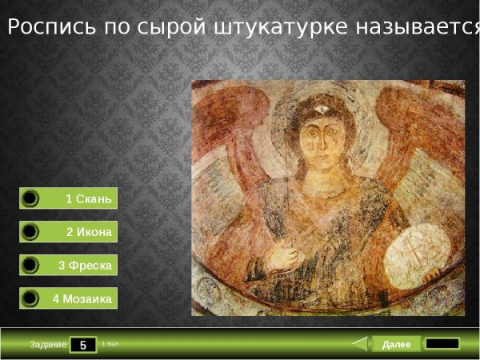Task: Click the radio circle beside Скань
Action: [x=30, y=198]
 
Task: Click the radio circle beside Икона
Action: [x=30, y=232]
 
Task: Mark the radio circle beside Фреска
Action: [x=30, y=265]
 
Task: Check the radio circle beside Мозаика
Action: [x=30, y=298]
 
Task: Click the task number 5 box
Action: [x=82, y=344]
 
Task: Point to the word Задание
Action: [x=48, y=344]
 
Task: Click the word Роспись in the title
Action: [x=52, y=26]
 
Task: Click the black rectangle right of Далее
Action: [x=442, y=343]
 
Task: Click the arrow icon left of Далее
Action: [x=361, y=344]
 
